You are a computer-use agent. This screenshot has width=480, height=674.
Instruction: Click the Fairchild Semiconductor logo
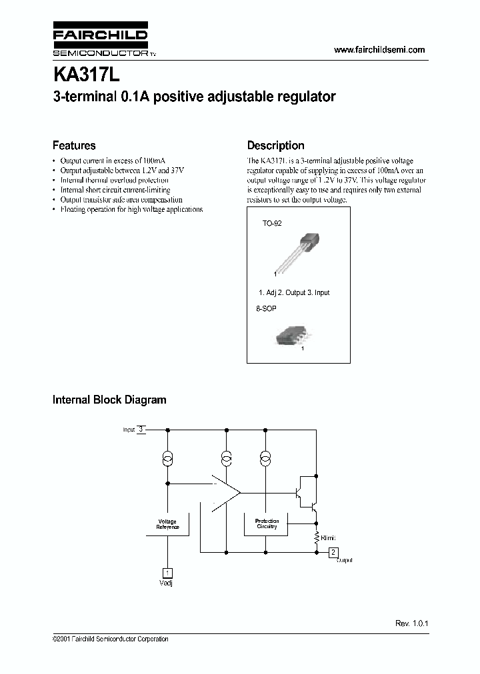[x=101, y=41]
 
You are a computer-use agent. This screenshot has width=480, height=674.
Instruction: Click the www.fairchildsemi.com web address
[x=379, y=50]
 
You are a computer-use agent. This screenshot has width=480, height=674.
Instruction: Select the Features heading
[x=74, y=145]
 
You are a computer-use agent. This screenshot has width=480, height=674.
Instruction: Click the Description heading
[x=275, y=145]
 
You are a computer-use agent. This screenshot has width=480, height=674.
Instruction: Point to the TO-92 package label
[x=271, y=224]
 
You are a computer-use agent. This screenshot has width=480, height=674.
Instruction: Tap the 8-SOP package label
[x=266, y=309]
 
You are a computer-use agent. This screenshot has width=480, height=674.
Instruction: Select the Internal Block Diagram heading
[x=109, y=400]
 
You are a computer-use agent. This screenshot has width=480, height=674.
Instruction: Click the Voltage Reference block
[x=167, y=524]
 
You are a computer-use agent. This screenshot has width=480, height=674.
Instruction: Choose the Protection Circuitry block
[x=267, y=524]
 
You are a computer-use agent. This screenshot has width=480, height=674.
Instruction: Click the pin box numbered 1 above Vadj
[x=167, y=572]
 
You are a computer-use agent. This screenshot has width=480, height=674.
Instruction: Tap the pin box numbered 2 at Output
[x=334, y=551]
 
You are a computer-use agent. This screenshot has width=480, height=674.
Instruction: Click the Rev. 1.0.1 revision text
[x=411, y=623]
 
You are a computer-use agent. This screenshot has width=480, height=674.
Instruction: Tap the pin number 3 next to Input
[x=141, y=430]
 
